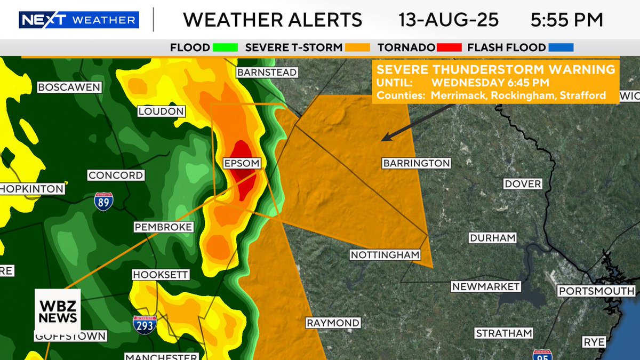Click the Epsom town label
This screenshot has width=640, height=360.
[x=242, y=163]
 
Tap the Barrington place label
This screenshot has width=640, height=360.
[x=417, y=163]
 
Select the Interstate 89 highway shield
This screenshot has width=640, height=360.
[x=103, y=201]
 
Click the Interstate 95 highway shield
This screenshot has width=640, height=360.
[x=541, y=355]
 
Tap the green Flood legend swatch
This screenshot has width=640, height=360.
[x=225, y=47]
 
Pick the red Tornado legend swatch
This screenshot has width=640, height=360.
[x=449, y=47]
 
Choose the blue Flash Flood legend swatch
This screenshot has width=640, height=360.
[x=561, y=47]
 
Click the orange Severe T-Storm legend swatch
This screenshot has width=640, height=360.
[x=357, y=47]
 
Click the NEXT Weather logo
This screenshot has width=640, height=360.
[x=79, y=20]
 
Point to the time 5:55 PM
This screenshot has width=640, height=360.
[x=567, y=20]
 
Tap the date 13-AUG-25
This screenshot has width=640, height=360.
[x=449, y=20]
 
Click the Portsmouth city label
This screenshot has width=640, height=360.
[x=596, y=291]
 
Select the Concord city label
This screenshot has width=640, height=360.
[x=116, y=175]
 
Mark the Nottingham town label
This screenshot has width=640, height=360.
[x=385, y=255]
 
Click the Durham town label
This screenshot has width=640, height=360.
[x=492, y=238]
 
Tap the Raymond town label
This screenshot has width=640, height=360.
[x=333, y=323]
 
